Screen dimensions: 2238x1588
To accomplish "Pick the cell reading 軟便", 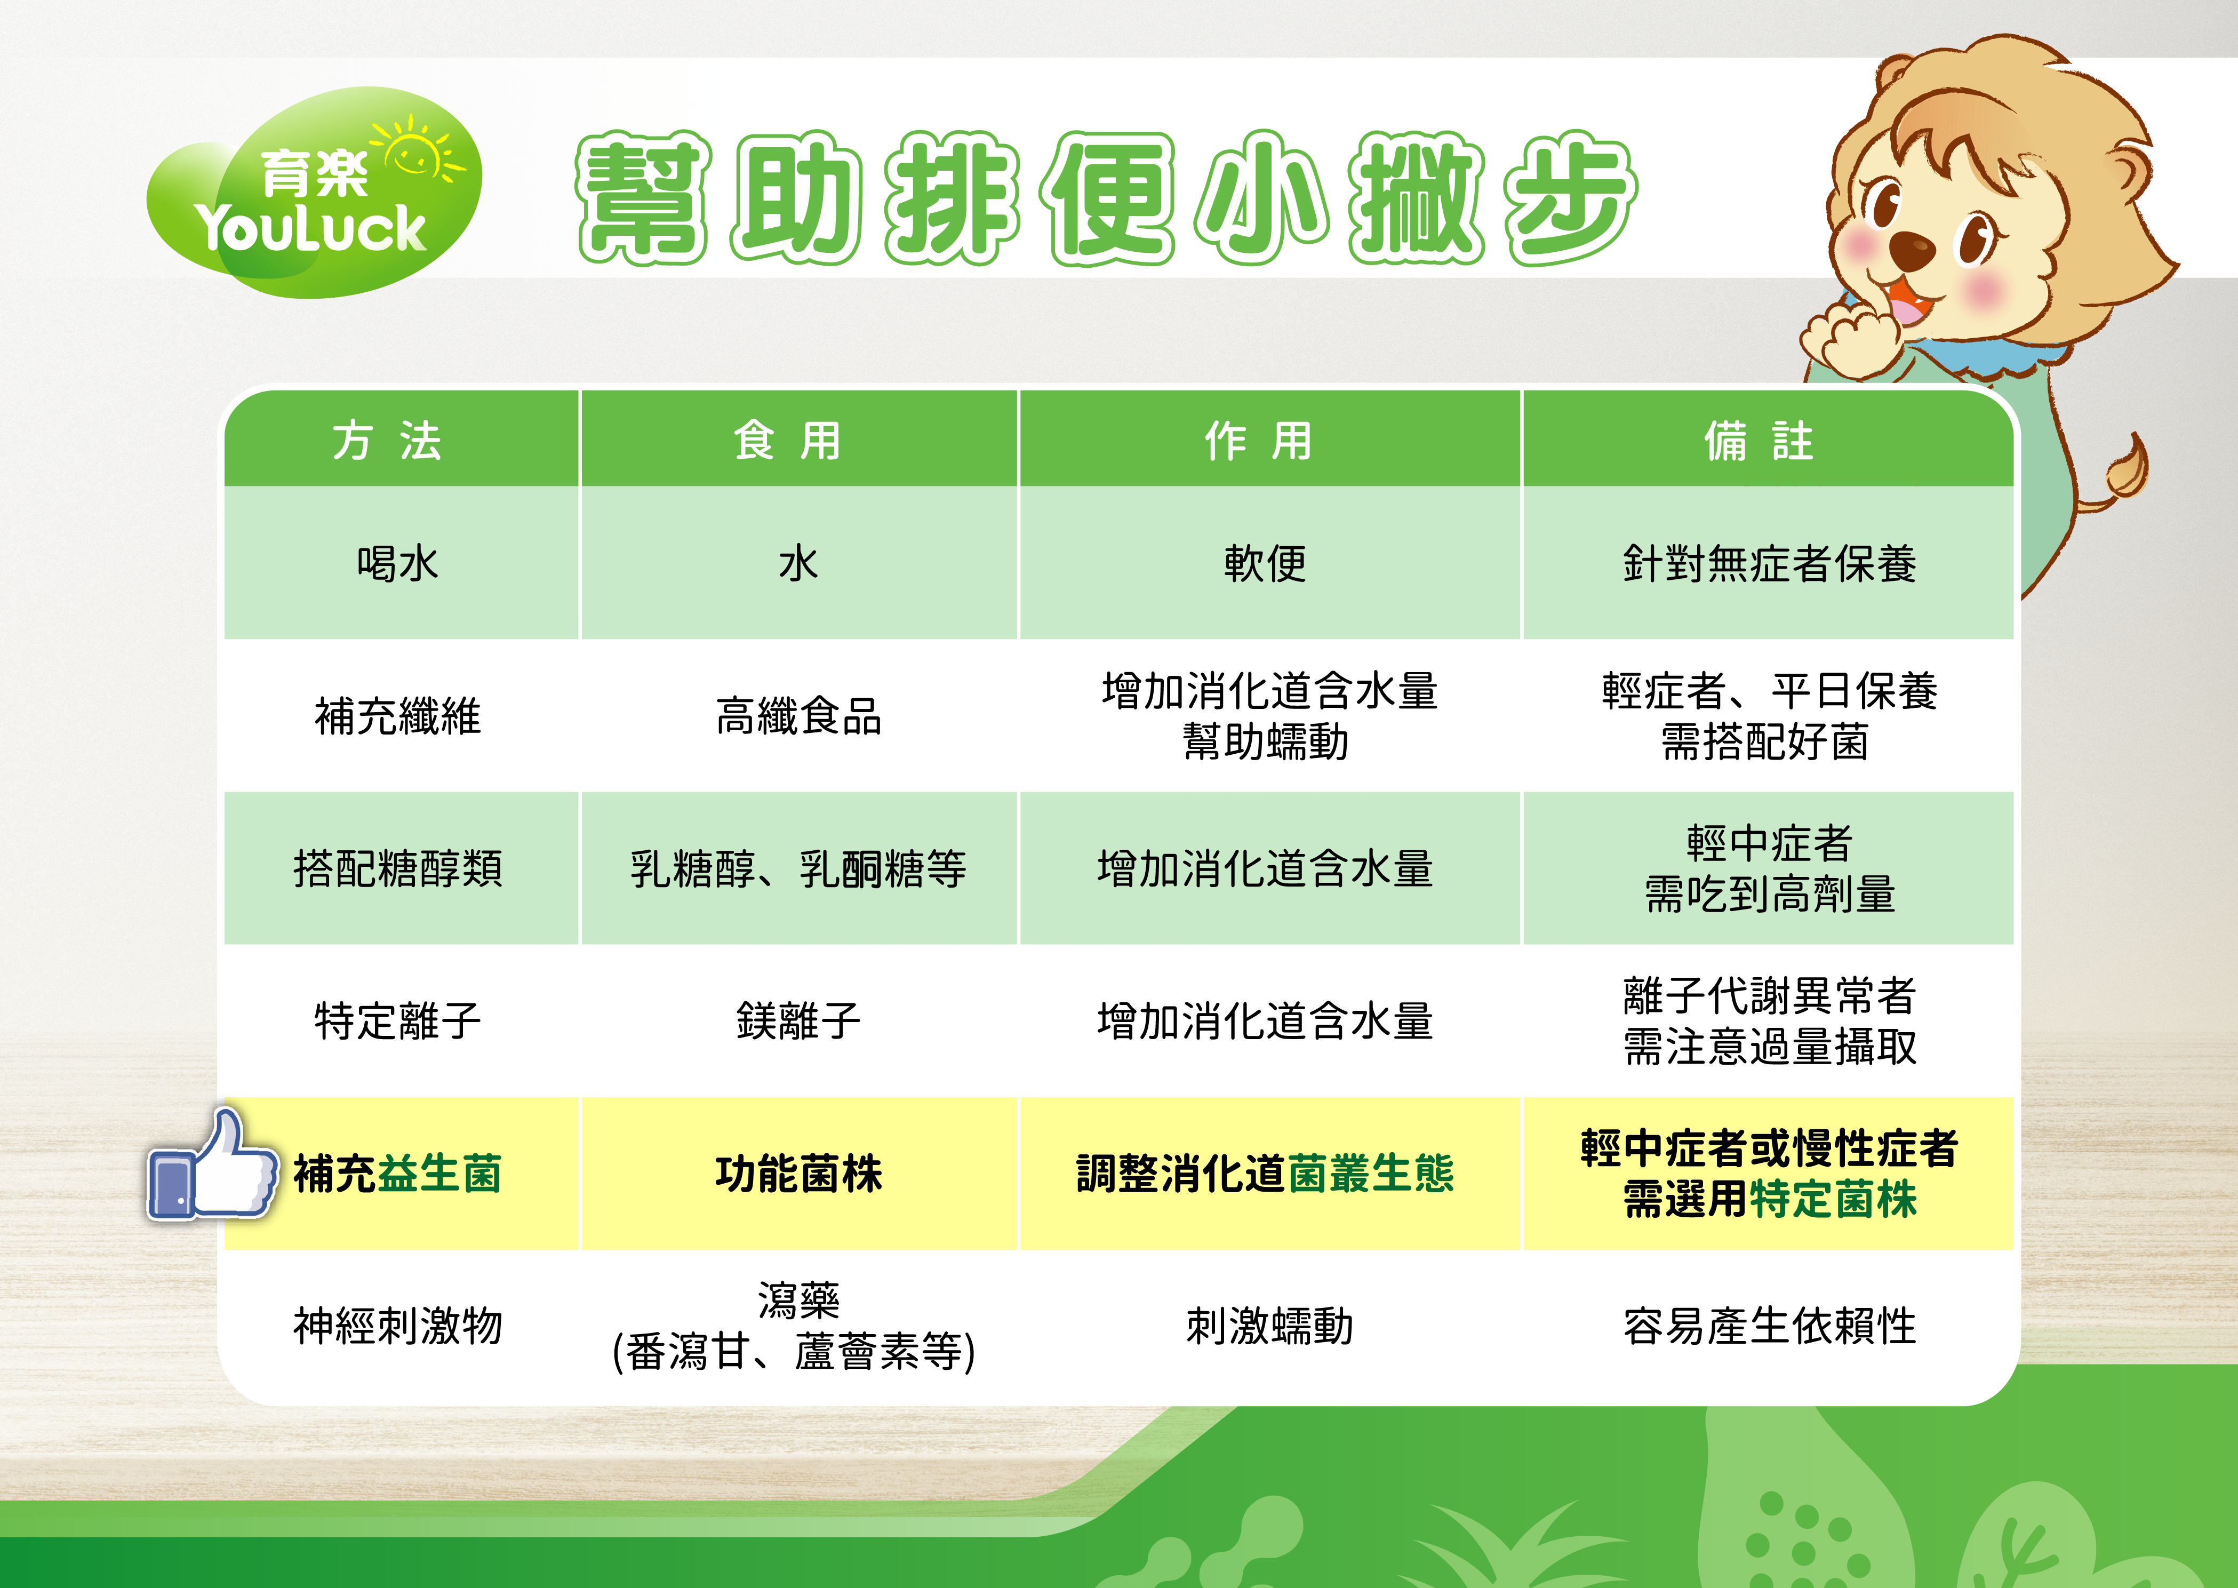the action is [1265, 563].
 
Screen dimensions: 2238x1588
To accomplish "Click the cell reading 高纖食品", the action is [799, 716].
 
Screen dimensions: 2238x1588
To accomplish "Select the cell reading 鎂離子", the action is [799, 1021].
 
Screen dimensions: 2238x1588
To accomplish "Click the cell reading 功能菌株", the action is [799, 1174].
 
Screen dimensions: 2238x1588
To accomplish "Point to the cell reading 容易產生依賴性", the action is [1770, 1326].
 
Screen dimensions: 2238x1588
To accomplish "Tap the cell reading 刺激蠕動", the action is [1269, 1326].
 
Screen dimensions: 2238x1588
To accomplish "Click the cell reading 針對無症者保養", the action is [1770, 563].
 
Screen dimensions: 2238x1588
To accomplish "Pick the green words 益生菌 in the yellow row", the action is [439, 1174].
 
